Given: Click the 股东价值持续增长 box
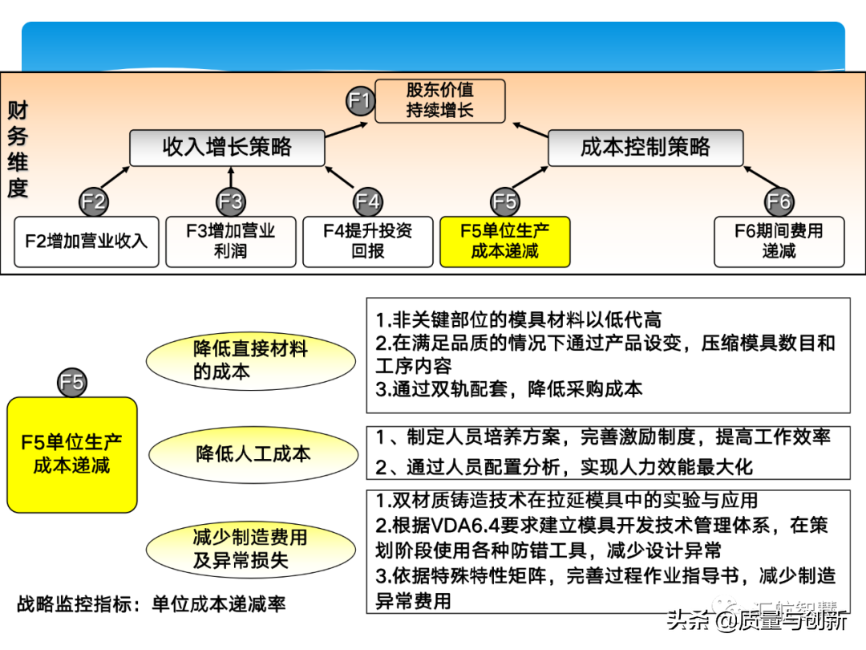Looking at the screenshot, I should click(x=439, y=101).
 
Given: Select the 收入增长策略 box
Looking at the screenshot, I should click(x=227, y=148).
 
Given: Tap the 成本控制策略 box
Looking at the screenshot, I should click(x=645, y=148).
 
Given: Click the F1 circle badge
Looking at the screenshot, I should click(x=361, y=101).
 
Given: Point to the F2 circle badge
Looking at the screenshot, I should click(x=94, y=201).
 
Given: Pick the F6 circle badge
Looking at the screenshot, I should click(x=779, y=201).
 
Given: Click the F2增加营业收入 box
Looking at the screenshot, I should click(x=87, y=241).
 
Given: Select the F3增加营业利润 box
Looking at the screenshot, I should click(x=231, y=241).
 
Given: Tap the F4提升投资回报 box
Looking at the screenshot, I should click(x=368, y=241).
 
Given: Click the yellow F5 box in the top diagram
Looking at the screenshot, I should click(x=504, y=241).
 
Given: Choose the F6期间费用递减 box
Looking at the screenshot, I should click(x=779, y=241).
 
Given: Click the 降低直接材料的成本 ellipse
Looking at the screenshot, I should click(x=250, y=360).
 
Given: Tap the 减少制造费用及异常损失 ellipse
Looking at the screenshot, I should click(x=250, y=549).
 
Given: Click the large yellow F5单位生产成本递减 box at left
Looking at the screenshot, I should click(x=72, y=454).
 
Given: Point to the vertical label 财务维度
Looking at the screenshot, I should click(x=18, y=149).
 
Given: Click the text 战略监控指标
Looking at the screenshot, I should click(x=74, y=603).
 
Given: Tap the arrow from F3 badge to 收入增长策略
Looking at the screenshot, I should click(x=231, y=178).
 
